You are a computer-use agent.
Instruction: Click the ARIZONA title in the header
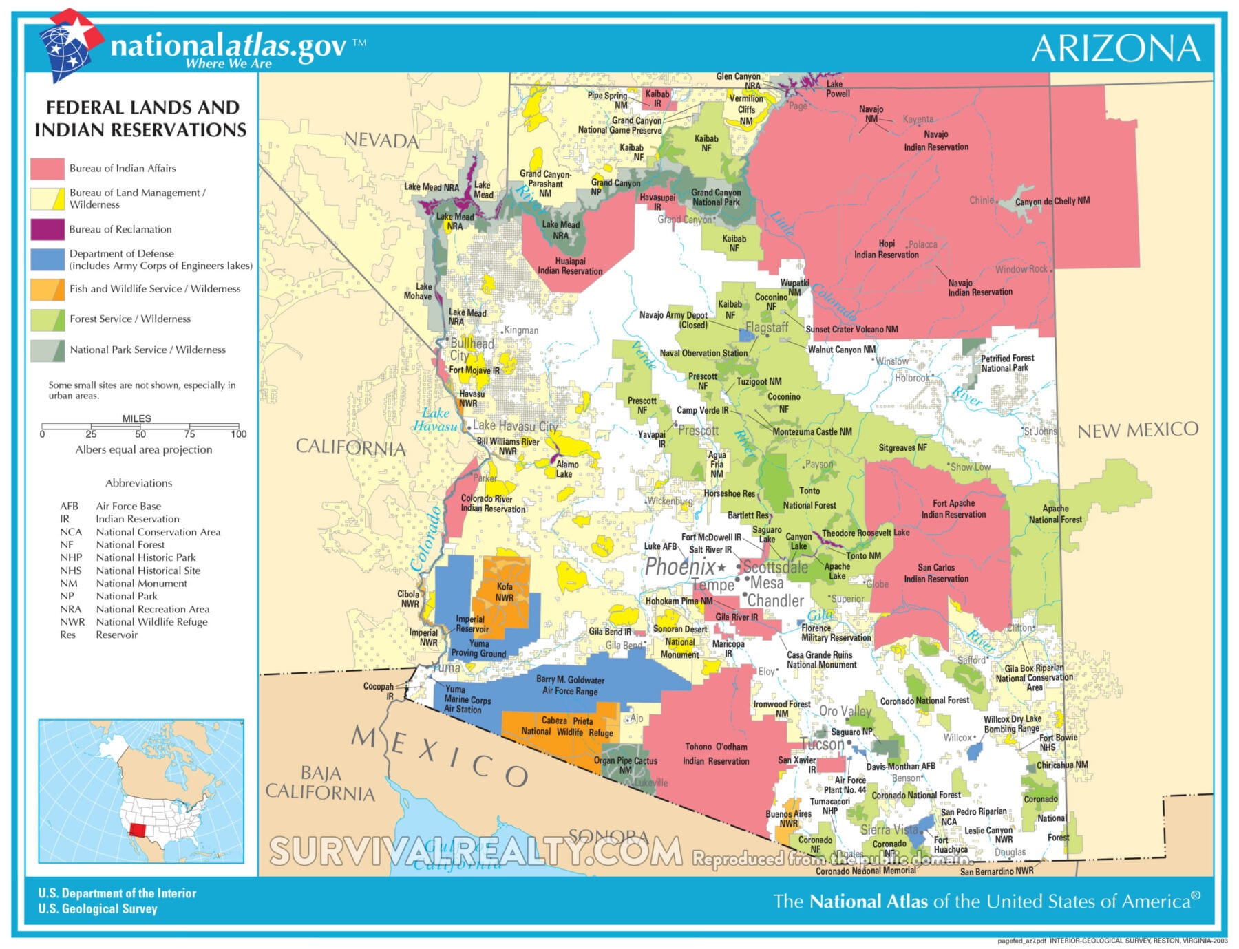(x=1116, y=48)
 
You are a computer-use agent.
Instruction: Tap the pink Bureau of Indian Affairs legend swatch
(x=47, y=169)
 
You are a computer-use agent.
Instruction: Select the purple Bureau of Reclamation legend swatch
(x=47, y=229)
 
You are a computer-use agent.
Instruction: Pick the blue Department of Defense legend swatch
(x=47, y=259)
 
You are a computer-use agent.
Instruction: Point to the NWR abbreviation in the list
(x=72, y=622)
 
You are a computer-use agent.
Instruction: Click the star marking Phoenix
(x=721, y=568)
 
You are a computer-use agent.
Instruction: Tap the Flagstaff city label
(x=767, y=328)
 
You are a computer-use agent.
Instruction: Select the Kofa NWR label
(x=505, y=593)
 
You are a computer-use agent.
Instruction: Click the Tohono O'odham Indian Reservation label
(x=716, y=754)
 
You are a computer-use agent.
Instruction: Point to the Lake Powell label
(x=837, y=89)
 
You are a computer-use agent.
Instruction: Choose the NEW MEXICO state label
(x=1137, y=431)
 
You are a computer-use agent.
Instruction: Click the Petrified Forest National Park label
(x=1007, y=363)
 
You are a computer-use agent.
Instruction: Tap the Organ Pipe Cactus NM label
(x=625, y=765)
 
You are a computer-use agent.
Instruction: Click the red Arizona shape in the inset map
(x=138, y=829)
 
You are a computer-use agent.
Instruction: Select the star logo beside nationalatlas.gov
(x=70, y=43)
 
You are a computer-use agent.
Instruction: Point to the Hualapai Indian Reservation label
(x=570, y=266)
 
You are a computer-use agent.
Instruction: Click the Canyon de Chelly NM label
(x=1052, y=201)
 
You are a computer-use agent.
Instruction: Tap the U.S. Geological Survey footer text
(x=98, y=909)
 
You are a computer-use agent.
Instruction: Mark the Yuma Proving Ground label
(x=478, y=649)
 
